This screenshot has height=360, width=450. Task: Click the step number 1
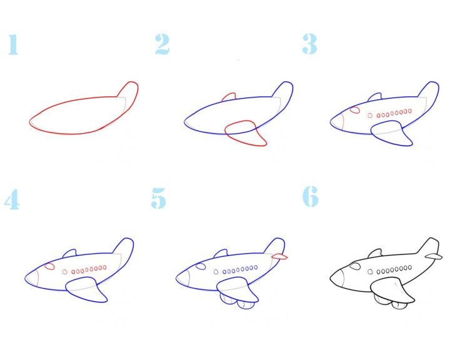[13, 44]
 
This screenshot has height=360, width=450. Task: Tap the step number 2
[162, 44]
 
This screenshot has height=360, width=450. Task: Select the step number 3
[309, 44]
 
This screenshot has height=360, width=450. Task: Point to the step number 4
[12, 199]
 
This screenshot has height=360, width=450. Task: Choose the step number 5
[158, 198]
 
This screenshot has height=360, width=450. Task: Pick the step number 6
[311, 196]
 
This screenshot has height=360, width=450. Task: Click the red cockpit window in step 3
[355, 110]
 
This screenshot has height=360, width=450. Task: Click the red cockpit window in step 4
[49, 266]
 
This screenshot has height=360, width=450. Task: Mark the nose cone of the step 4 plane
[32, 279]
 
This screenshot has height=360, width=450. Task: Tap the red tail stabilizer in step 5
[279, 256]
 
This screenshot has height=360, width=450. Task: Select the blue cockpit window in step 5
[201, 266]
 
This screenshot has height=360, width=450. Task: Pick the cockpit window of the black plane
[355, 266]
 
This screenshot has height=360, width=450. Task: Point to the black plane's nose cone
[337, 277]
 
